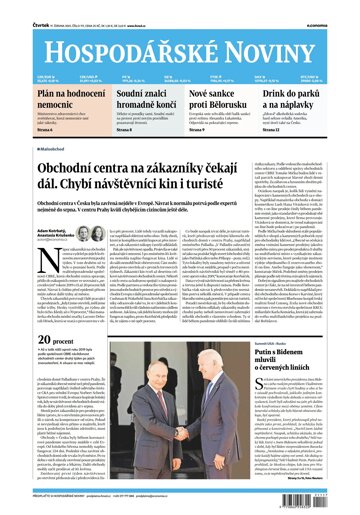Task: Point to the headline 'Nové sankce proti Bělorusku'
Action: click(x=225, y=98)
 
